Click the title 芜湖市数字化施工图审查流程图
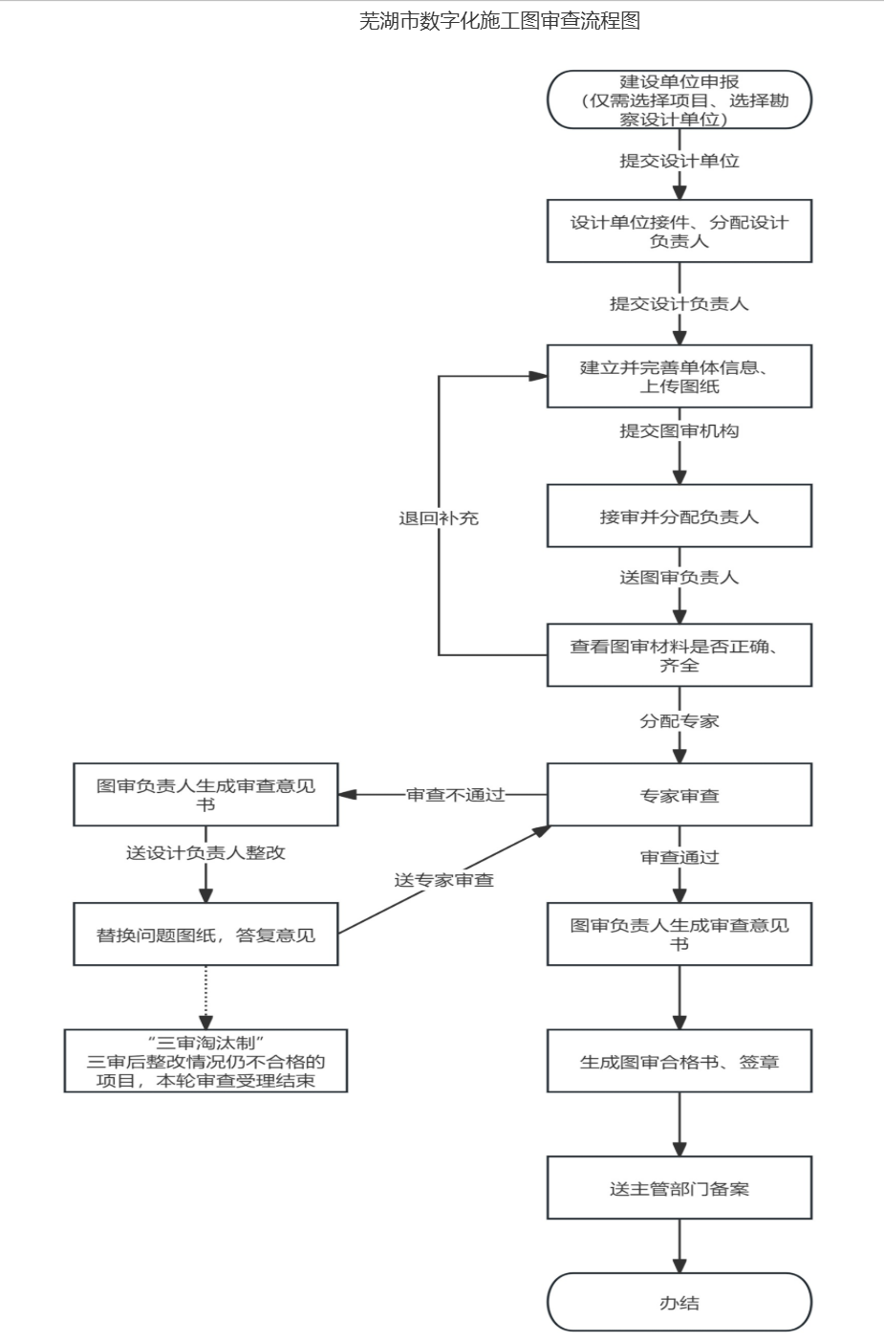(499, 21)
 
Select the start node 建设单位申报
(679, 99)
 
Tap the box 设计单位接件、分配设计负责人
(679, 231)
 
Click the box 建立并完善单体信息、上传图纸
(679, 376)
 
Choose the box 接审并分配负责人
(679, 517)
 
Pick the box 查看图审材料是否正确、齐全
(679, 655)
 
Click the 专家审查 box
(679, 795)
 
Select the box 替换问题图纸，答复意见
(205, 935)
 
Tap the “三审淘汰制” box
(205, 1061)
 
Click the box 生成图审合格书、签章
(679, 1061)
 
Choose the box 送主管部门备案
(679, 1188)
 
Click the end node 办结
(679, 1302)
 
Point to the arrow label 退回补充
(439, 517)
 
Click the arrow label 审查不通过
(455, 795)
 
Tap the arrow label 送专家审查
(443, 880)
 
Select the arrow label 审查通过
(679, 857)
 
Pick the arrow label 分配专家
(679, 721)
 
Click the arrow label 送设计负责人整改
(205, 852)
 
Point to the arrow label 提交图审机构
(679, 431)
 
